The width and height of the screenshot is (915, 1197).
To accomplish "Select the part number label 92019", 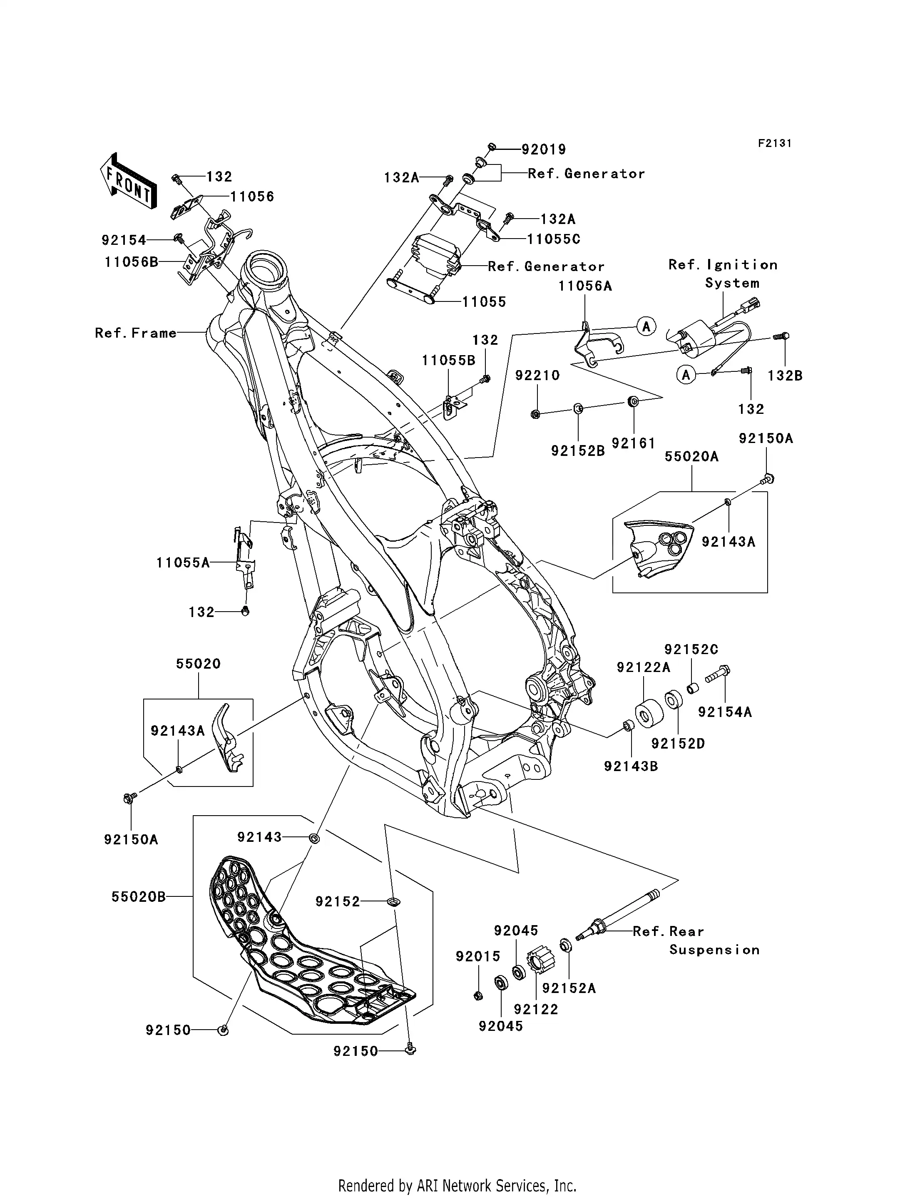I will click(544, 149).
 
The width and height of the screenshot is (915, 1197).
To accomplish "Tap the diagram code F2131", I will click(774, 143).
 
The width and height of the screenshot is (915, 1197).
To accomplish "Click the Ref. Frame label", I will click(136, 333).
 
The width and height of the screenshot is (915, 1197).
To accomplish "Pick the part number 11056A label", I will click(585, 286).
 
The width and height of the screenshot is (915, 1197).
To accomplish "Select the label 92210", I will click(537, 375).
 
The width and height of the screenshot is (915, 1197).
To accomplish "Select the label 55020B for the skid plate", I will click(138, 896).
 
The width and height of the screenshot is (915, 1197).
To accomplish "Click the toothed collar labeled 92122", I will click(540, 963).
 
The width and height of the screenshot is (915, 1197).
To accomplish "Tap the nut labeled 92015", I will click(477, 995).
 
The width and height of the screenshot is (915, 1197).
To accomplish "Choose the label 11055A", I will click(183, 562).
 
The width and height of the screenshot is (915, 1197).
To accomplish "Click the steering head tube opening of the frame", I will click(267, 267).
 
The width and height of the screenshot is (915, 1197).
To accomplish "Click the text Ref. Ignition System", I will click(723, 274).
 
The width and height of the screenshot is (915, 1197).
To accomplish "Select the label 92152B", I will click(578, 450).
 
